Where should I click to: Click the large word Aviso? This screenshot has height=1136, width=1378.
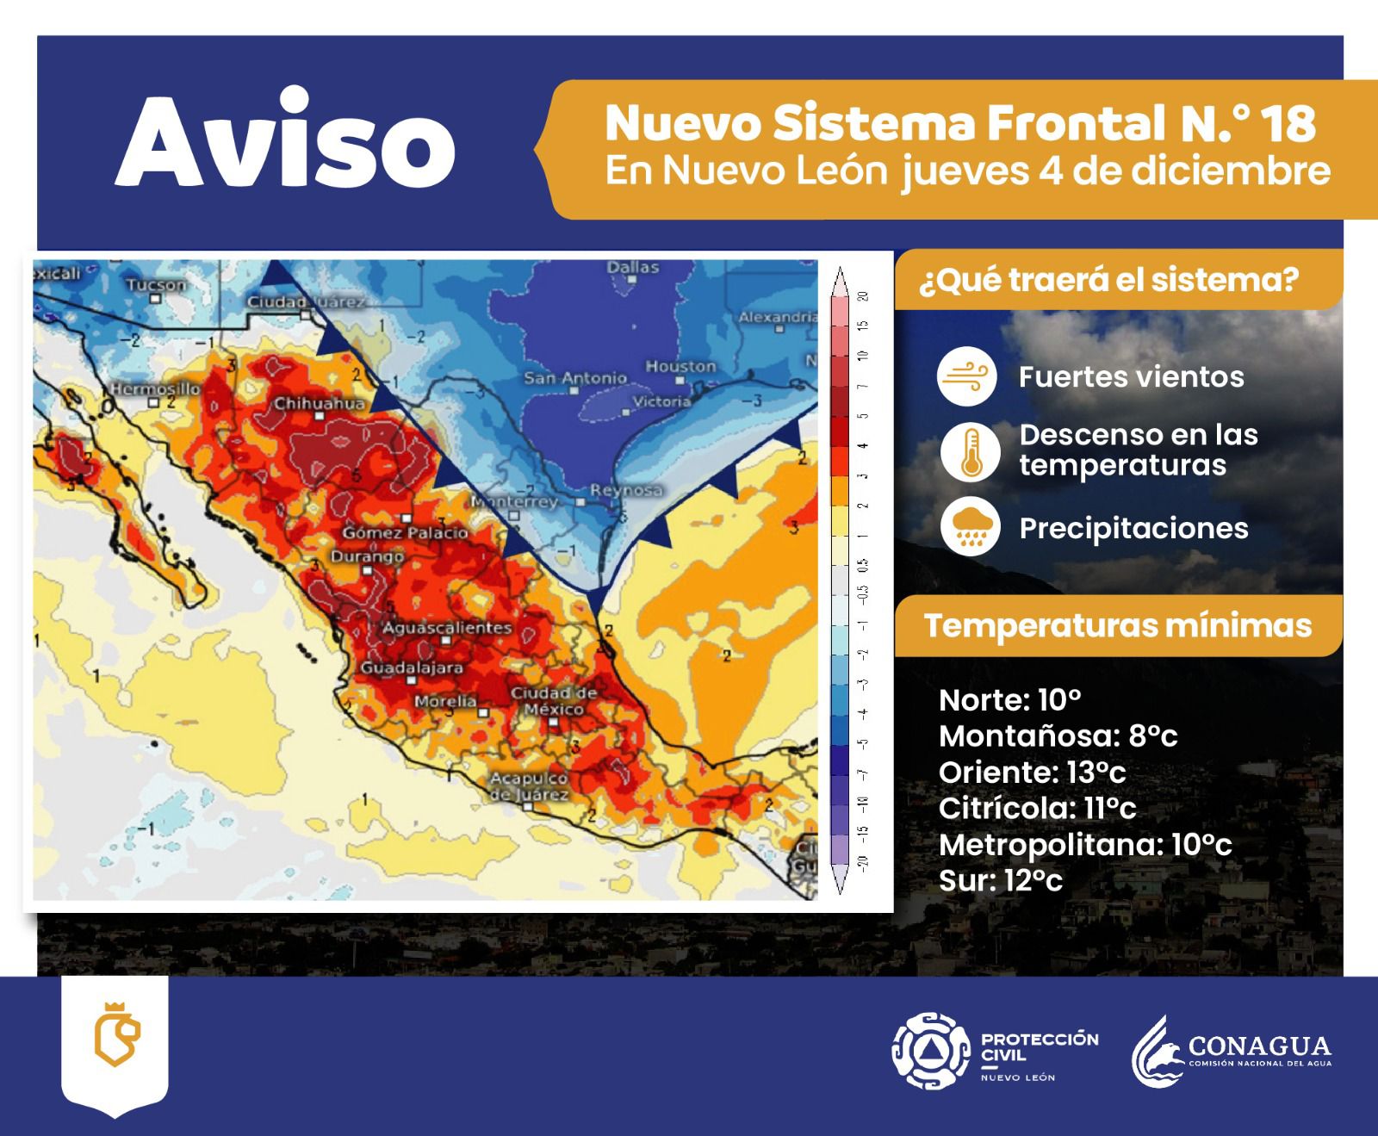tap(285, 142)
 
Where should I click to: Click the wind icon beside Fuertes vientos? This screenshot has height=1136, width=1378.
tap(967, 376)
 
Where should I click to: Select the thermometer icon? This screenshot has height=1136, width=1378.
tap(970, 451)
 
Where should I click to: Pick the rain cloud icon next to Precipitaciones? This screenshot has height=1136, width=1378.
tap(970, 527)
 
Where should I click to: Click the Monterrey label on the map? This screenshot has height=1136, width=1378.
tap(515, 501)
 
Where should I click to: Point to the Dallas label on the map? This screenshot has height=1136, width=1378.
tap(633, 268)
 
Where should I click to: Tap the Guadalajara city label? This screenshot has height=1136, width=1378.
tap(412, 667)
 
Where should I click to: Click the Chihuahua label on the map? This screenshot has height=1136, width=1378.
tap(320, 403)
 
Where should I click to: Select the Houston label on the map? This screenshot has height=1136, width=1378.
tap(680, 367)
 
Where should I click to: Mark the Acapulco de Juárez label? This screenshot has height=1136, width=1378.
tap(529, 786)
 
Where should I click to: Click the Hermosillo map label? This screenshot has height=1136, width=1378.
tap(155, 389)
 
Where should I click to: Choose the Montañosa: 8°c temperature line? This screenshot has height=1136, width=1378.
tap(1058, 736)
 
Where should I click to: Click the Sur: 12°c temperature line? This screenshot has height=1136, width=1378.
tap(1000, 880)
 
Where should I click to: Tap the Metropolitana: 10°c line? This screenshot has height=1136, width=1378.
tap(1085, 845)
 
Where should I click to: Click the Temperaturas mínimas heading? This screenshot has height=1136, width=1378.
tap(1117, 625)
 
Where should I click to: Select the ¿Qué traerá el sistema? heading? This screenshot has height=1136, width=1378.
tap(1109, 281)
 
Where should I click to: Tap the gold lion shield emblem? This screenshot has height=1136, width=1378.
tap(115, 1034)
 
